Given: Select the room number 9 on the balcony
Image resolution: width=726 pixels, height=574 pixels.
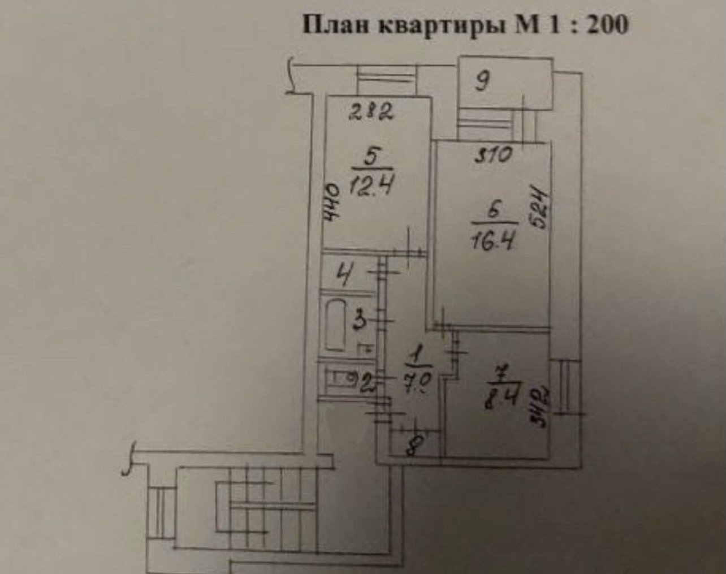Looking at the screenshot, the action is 482,83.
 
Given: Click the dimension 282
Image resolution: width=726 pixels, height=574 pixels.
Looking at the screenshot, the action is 370,114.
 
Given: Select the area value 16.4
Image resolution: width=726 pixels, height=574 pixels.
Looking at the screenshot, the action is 490,243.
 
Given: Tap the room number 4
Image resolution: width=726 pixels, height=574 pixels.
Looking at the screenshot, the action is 342,278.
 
